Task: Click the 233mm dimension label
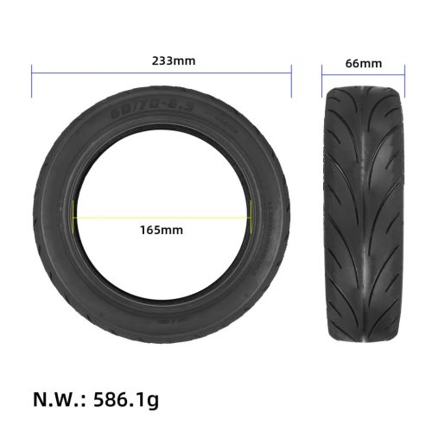pos(161,61)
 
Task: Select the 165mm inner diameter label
pos(161,230)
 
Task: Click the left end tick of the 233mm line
pos(32,83)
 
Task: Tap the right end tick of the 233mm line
pos(291,83)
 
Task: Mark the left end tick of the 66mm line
pos(322,83)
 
